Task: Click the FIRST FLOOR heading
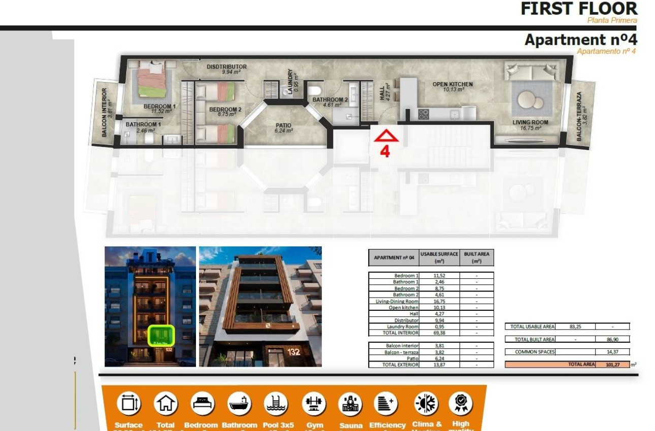578,9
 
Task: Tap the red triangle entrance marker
386,136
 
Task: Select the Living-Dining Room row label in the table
397,301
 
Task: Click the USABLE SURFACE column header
439,257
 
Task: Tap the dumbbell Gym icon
311,404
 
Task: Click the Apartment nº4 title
580,40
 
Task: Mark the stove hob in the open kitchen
423,115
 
